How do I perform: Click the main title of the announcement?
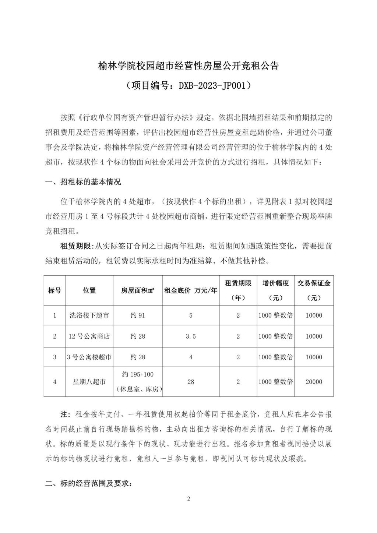tap(188, 66)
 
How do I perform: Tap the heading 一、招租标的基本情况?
tap(83, 182)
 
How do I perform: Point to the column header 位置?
tap(89, 290)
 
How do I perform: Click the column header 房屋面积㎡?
tap(138, 290)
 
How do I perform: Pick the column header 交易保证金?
tap(314, 283)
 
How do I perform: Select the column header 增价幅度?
tap(276, 283)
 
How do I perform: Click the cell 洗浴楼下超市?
tap(89, 315)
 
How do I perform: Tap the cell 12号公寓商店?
tap(89, 336)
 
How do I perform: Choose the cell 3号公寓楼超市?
tap(89, 357)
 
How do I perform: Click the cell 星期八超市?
tap(89, 382)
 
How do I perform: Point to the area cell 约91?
tap(138, 315)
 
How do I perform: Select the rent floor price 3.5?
tap(191, 336)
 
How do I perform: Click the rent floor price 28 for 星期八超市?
tap(191, 382)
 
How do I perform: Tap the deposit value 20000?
tap(314, 382)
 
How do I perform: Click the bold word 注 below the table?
tap(65, 414)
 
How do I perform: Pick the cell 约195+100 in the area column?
tap(138, 374)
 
